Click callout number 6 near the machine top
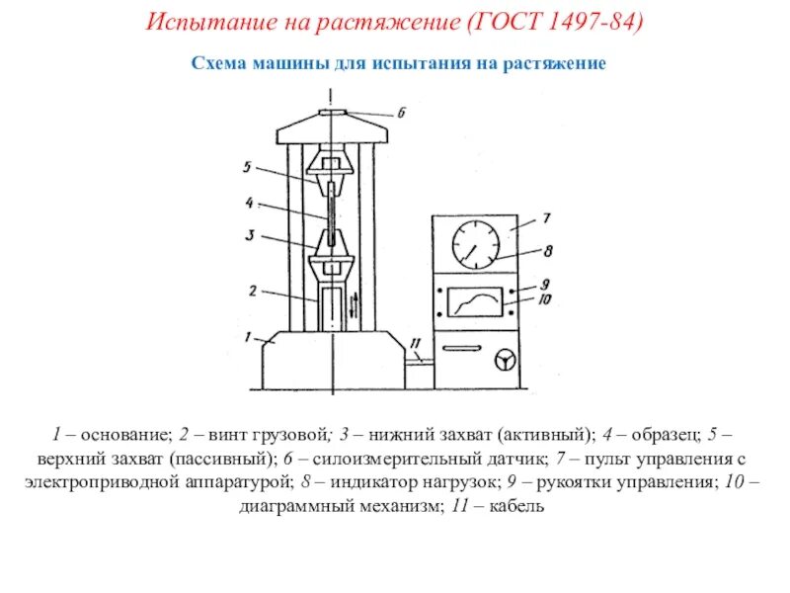401,114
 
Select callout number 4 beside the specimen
250,203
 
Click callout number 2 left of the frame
252,292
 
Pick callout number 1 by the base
251,334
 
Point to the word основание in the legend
125,435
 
